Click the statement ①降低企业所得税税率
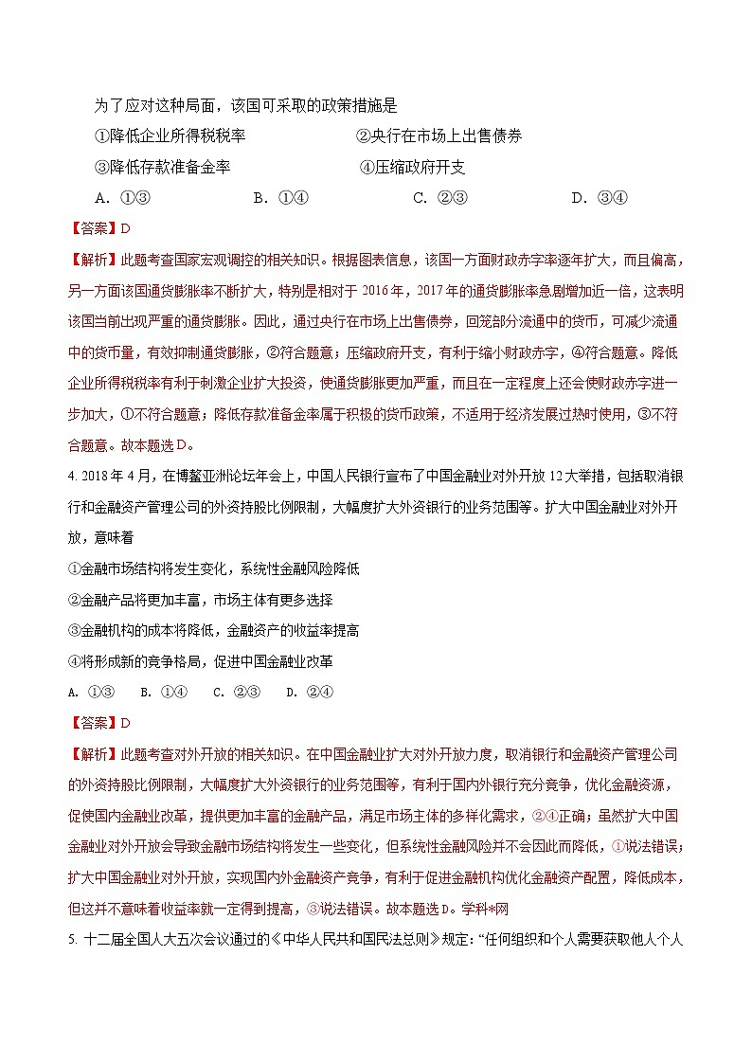[x=170, y=135]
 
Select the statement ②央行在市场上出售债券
[x=439, y=135]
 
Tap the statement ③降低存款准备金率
[x=163, y=167]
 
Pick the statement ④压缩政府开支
[x=413, y=167]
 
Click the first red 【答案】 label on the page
[x=92, y=228]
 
